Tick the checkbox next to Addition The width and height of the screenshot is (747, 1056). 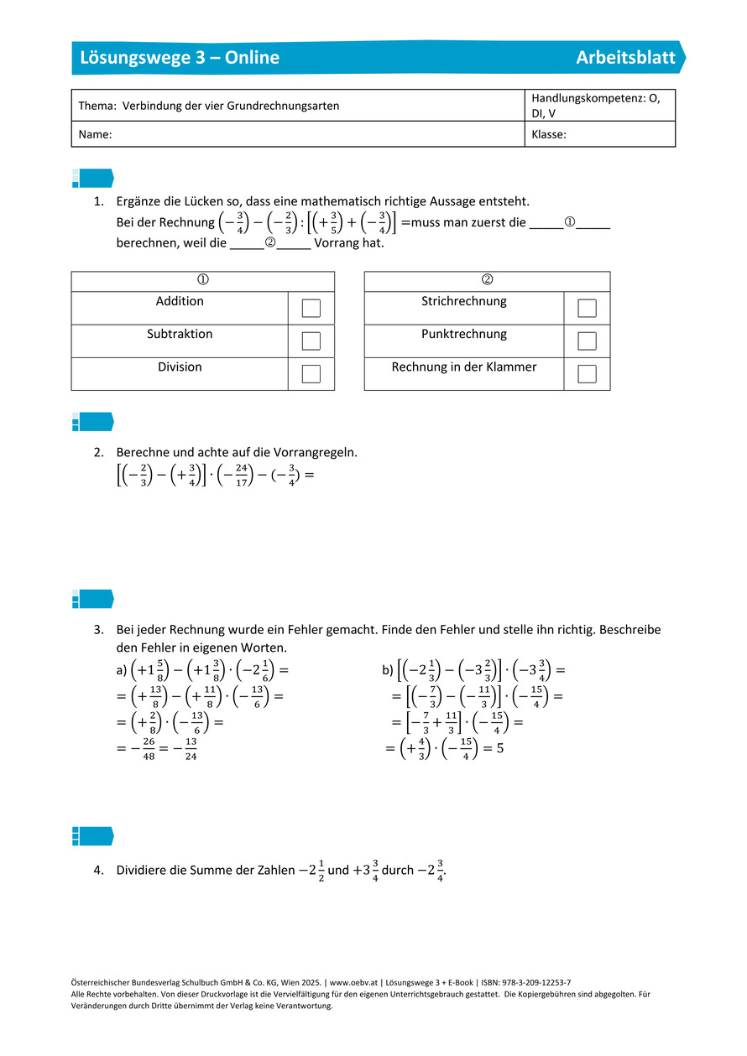point(311,308)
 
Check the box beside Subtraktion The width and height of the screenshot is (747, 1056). point(311,341)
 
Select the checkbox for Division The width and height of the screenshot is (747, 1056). point(311,374)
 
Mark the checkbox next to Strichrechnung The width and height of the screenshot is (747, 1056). point(588,308)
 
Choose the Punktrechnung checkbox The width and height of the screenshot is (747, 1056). point(588,341)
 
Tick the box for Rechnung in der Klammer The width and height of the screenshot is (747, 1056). point(588,374)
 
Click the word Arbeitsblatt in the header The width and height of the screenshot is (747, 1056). point(625,58)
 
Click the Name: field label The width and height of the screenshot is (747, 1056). point(96,134)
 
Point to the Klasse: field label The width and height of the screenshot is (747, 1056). point(549,134)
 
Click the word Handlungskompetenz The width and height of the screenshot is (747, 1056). point(584,98)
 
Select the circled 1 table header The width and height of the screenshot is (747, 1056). point(202,280)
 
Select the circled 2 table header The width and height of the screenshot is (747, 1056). point(487,280)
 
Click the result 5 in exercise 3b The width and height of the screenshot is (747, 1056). point(499,748)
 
